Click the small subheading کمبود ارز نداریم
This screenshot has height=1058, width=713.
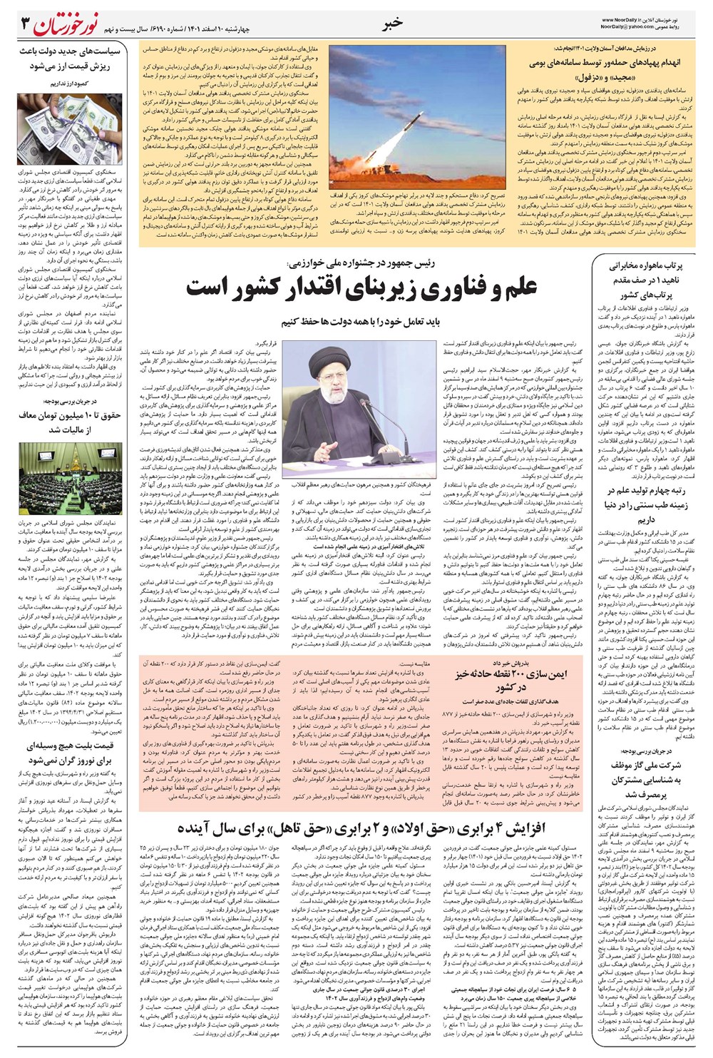click(68, 83)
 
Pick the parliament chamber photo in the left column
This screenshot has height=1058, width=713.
click(68, 474)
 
